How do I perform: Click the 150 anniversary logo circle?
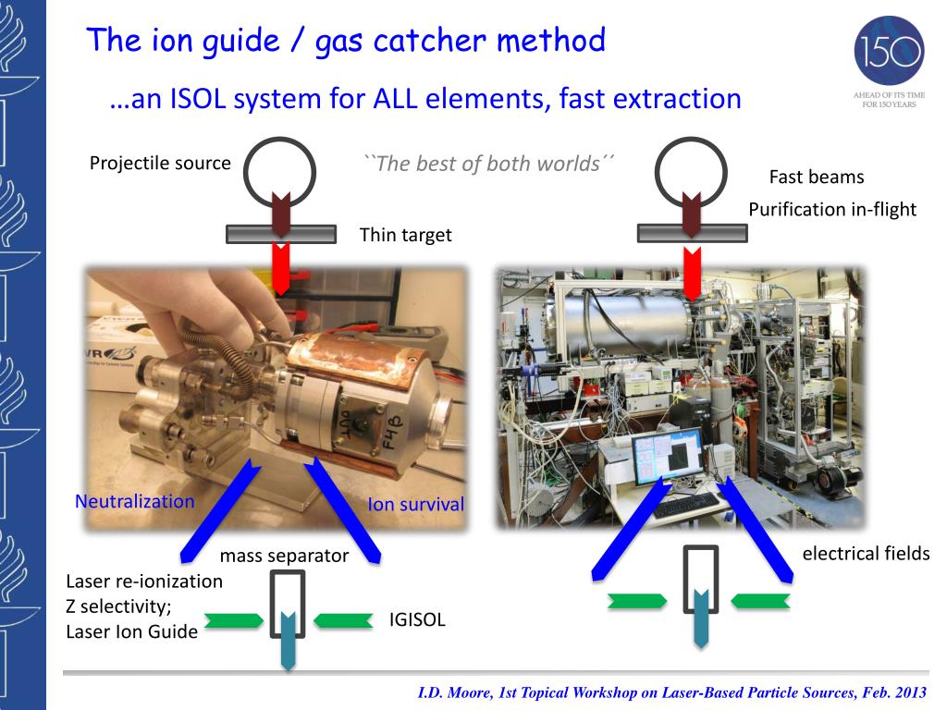coord(889,48)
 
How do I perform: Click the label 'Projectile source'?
coord(160,164)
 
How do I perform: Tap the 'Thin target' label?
coord(405,235)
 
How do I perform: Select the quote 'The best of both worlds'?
coord(489,165)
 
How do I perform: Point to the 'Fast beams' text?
coord(817,177)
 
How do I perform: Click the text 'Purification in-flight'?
coord(832,210)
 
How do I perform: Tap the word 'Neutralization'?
coord(135,502)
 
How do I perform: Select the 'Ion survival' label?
coord(416,505)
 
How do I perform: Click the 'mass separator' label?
coord(284,557)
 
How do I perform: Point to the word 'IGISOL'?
coord(417,620)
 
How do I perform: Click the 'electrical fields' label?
coord(866,554)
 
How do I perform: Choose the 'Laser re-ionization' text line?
coord(144,582)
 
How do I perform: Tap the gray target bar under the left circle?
coord(281,234)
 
